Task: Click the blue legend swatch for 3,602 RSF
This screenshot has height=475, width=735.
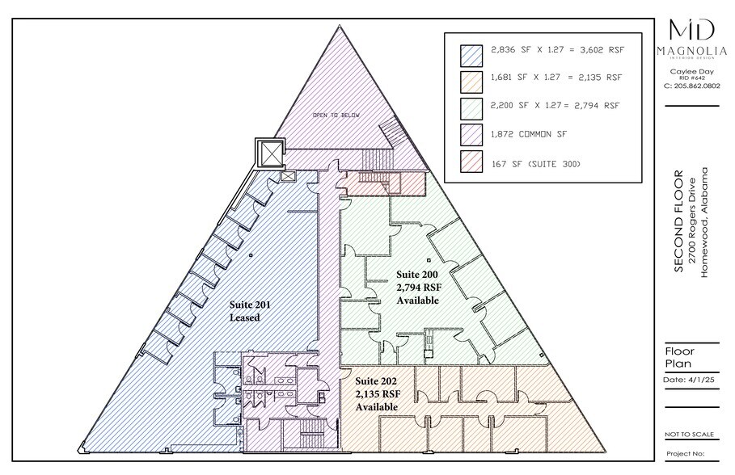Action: pos(471,53)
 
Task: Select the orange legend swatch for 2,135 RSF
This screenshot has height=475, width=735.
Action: pos(471,79)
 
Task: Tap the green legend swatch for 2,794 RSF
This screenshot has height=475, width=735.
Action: pos(471,106)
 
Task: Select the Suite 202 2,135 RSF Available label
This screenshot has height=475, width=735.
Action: pos(377,393)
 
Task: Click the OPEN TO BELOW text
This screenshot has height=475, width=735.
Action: pos(336,116)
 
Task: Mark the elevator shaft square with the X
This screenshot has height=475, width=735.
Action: pos(269,152)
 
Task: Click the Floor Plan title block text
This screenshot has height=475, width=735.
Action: pos(679,357)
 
